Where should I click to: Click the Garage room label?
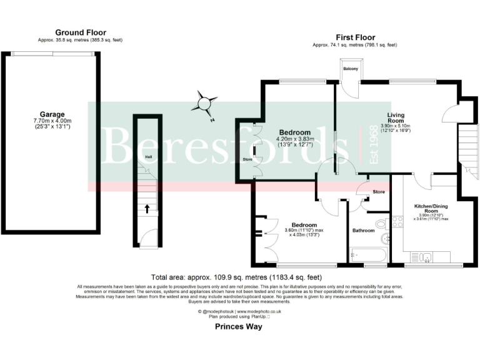pyautogui.click(x=52, y=114)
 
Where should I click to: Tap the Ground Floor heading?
pyautogui.click(x=81, y=32)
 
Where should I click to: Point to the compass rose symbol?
pyautogui.click(x=206, y=102)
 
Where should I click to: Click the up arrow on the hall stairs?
pyautogui.click(x=147, y=209)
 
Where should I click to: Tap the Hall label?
pyautogui.click(x=148, y=156)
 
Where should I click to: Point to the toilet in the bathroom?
pyautogui.click(x=381, y=225)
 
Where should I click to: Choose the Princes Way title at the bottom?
pyautogui.click(x=239, y=326)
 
